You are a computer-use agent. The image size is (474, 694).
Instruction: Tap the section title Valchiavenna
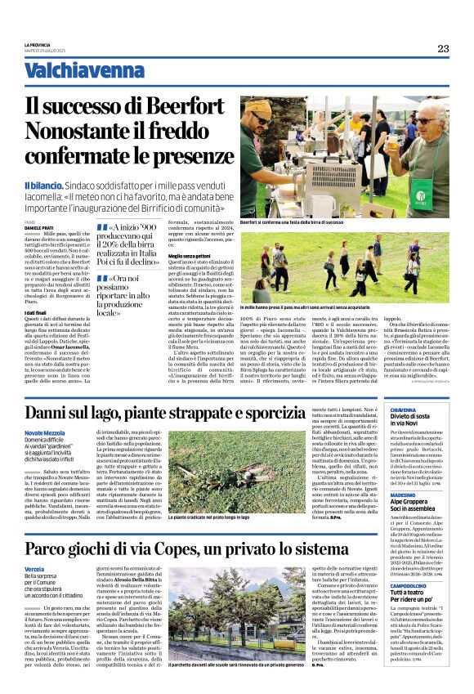73,71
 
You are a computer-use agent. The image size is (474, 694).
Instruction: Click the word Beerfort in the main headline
184,105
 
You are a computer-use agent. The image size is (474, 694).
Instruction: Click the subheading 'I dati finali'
35,312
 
